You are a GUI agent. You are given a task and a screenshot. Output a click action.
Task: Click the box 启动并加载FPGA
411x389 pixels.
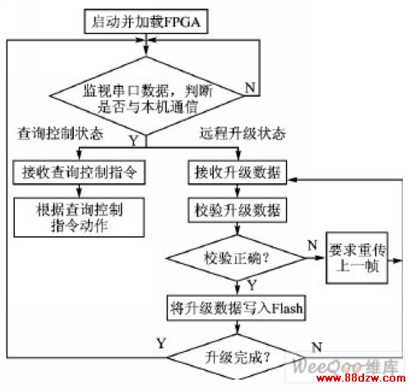point(145,21)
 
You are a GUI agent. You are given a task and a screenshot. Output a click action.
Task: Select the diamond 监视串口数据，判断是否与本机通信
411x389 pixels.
point(146,96)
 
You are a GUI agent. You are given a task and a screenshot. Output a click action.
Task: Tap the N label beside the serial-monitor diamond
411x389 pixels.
point(250,88)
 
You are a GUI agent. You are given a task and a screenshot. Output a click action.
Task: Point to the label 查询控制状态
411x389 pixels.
point(60,134)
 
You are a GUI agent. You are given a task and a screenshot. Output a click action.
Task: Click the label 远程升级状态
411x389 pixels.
point(242,133)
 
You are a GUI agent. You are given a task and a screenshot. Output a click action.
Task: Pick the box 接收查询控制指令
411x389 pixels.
point(79,173)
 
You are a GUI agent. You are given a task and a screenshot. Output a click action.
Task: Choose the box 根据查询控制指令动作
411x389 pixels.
point(79,217)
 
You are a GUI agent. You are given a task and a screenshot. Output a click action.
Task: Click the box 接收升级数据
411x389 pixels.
point(238,173)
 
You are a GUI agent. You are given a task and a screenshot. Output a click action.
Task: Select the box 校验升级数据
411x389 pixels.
point(238,211)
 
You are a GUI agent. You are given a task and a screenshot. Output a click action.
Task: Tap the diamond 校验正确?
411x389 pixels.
point(236,258)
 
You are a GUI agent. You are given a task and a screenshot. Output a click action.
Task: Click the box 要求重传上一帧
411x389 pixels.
point(357,258)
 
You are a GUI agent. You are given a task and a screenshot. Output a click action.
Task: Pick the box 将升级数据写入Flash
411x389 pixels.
point(236,308)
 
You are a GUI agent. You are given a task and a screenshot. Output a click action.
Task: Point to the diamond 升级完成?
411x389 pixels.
point(237,357)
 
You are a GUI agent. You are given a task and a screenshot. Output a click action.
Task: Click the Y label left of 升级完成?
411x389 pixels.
point(161,343)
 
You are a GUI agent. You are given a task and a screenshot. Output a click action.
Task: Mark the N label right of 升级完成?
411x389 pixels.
point(316,347)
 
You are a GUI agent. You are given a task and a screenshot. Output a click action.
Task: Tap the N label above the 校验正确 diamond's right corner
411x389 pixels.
point(312,245)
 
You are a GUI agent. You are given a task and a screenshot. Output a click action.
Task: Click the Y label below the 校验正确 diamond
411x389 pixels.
point(252,285)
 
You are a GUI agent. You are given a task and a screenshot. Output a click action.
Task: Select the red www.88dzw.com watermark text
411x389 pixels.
point(361,378)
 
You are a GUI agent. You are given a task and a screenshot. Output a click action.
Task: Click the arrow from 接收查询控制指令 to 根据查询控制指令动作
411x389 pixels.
point(79,191)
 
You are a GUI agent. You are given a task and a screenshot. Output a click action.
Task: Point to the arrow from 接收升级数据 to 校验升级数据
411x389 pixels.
point(238,191)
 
